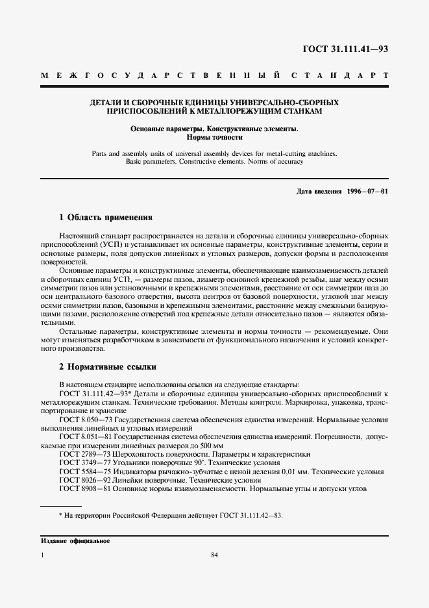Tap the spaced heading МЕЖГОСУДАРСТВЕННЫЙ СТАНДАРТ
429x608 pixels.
(214, 76)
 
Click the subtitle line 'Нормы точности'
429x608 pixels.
(214, 138)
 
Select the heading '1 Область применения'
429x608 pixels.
(106, 218)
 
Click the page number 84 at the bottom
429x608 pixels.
(214, 555)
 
